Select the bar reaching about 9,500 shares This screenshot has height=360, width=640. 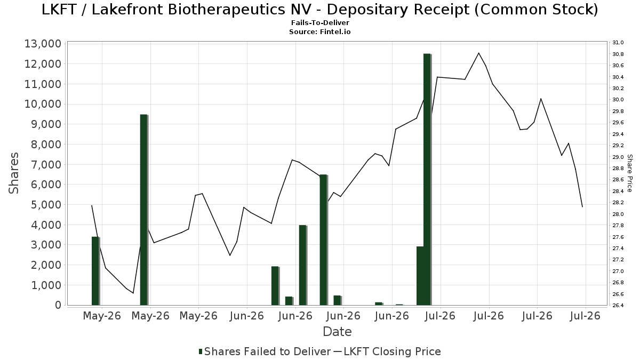click(144, 210)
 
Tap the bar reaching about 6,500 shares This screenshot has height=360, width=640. click(323, 239)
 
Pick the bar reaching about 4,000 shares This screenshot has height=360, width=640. click(303, 265)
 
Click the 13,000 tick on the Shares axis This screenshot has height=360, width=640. click(43, 44)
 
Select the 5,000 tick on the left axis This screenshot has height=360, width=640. click(46, 205)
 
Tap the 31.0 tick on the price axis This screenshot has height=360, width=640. click(618, 43)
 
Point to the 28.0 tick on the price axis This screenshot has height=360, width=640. click(618, 214)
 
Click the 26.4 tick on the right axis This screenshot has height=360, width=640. click(618, 306)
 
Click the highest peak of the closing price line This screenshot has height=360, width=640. click(479, 53)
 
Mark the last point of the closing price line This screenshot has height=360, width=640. click(582, 206)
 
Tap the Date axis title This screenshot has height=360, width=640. click(337, 332)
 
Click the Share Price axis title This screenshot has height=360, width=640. click(629, 173)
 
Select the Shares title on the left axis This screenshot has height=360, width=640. click(13, 173)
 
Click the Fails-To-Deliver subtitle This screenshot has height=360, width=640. click(320, 22)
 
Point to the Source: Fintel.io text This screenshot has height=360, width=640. click(320, 31)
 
